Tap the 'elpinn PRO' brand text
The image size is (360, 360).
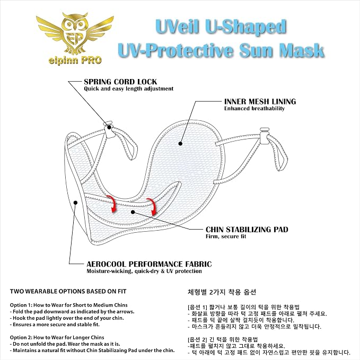click(x=75, y=60)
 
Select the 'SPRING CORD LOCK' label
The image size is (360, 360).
click(x=120, y=82)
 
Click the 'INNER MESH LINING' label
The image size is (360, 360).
click(x=260, y=101)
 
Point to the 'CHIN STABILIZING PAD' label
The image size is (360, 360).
click(x=247, y=230)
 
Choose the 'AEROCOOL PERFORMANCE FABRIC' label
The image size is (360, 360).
click(x=149, y=264)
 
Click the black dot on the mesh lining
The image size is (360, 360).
click(x=180, y=144)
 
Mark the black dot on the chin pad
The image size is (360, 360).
click(x=133, y=212)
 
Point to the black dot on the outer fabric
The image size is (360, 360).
click(x=75, y=203)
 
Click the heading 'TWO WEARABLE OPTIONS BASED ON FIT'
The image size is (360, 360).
click(x=68, y=292)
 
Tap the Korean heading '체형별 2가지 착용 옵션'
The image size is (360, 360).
click(x=222, y=292)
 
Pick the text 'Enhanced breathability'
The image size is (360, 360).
click(x=254, y=108)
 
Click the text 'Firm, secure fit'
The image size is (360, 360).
click(x=226, y=236)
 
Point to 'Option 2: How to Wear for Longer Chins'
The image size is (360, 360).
click(x=57, y=338)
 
